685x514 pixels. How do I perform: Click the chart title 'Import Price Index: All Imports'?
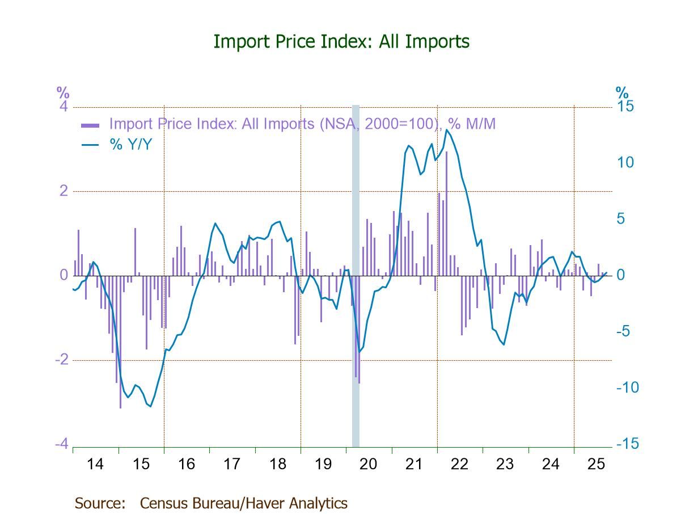(341, 41)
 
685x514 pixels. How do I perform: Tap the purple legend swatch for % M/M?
(91, 125)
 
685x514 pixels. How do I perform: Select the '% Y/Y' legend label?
(130, 145)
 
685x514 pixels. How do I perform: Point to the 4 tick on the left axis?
(64, 107)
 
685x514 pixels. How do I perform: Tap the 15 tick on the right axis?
(625, 107)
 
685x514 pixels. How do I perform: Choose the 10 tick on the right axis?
(625, 163)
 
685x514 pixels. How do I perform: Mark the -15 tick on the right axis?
(627, 444)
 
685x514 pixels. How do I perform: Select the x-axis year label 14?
(95, 464)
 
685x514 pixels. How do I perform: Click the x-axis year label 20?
(369, 464)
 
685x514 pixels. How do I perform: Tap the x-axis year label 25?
(596, 464)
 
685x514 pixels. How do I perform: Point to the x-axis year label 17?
(232, 464)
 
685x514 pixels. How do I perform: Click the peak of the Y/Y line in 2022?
(447, 130)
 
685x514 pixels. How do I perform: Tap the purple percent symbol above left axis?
(62, 92)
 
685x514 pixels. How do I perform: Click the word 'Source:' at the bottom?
(100, 503)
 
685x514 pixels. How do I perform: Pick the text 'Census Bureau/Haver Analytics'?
(243, 503)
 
